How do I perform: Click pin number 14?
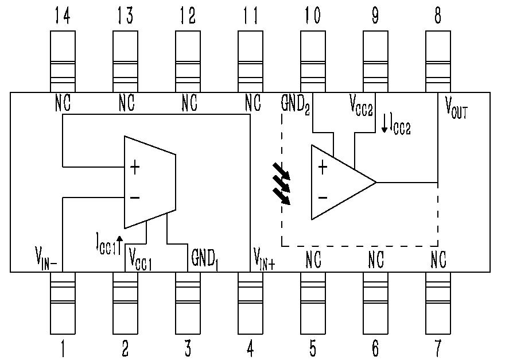pyautogui.click(x=63, y=17)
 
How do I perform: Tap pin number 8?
pyautogui.click(x=438, y=17)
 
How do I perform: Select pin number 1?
pyautogui.click(x=63, y=347)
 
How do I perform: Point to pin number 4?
pyautogui.click(x=250, y=347)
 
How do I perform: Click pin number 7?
pyautogui.click(x=438, y=347)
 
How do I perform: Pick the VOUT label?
pyautogui.click(x=456, y=107)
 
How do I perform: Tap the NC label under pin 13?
pyautogui.click(x=126, y=104)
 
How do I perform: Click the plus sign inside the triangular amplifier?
pyautogui.click(x=323, y=168)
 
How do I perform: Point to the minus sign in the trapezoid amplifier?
pyautogui.click(x=135, y=198)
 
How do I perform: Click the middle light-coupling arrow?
pyautogui.click(x=282, y=183)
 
